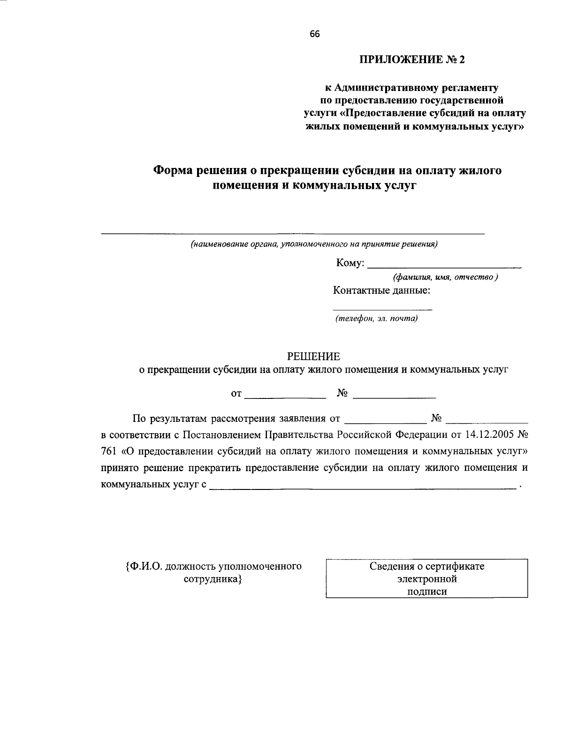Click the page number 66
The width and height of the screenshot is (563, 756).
[x=314, y=34]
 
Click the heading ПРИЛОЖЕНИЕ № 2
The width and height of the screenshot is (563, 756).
[x=414, y=60]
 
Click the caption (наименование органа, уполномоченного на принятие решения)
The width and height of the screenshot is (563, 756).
[x=314, y=244]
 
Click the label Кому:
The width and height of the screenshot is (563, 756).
[x=350, y=263]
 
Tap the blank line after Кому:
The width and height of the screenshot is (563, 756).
[x=444, y=266]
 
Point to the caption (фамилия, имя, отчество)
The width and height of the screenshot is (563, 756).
[x=445, y=277]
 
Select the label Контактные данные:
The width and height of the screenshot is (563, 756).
[x=381, y=290]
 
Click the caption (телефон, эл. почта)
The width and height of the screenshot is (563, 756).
[x=376, y=319]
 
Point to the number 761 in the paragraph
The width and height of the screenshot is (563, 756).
[x=108, y=451]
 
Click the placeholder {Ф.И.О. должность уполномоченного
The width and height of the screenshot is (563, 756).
[x=213, y=566]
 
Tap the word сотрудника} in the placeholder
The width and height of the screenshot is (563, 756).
[x=213, y=579]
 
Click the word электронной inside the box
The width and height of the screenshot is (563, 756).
[x=426, y=579]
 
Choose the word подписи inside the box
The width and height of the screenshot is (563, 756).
[x=426, y=592]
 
